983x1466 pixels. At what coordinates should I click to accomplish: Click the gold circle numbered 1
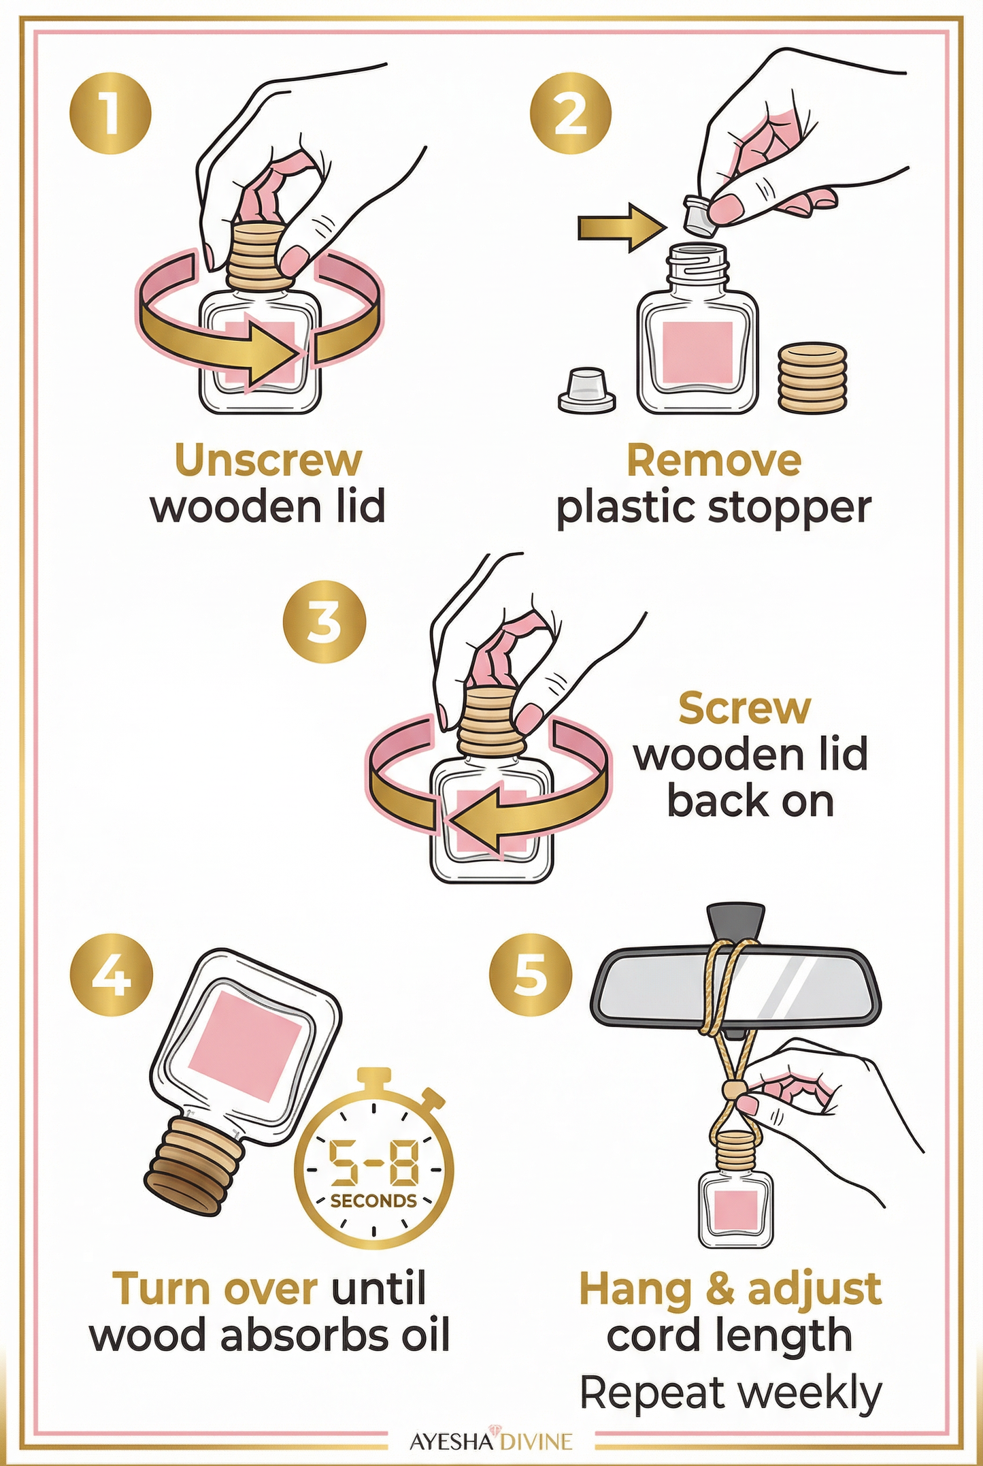pos(110,113)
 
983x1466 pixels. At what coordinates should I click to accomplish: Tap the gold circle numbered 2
pos(570,113)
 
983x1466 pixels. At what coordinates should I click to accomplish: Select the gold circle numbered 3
pos(324,621)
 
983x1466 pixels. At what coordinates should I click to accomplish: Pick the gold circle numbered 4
pos(111,975)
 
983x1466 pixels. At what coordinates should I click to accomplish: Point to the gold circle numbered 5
pos(531,975)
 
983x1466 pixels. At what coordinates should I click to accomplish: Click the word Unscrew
pos(268,460)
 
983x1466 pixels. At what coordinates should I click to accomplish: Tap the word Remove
pos(714,460)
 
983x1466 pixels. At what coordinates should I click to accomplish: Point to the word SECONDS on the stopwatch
pos(373,1201)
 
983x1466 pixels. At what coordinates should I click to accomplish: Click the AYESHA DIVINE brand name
pos(490,1441)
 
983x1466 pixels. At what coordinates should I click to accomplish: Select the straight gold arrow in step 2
pos(620,227)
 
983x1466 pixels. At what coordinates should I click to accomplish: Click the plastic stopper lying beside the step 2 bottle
pos(587,390)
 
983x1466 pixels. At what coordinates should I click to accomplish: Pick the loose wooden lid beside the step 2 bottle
pos(812,378)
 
